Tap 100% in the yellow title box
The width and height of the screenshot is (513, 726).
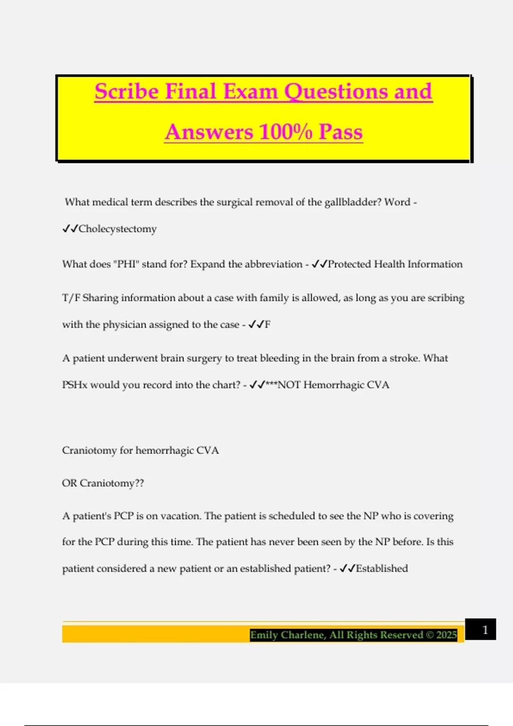tap(286, 132)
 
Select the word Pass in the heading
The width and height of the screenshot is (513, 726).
tap(341, 132)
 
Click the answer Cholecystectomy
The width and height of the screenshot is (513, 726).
tap(118, 229)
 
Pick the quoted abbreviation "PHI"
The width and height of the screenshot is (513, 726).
tap(126, 264)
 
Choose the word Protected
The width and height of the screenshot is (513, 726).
tap(349, 264)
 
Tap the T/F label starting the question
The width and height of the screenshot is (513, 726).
tap(71, 298)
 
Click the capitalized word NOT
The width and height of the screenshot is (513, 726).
tap(289, 385)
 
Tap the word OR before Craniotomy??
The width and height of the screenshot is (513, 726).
tap(69, 483)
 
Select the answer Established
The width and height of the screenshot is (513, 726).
tap(382, 569)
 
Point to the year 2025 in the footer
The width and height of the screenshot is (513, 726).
tap(447, 635)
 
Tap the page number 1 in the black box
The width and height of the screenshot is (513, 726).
tap(485, 630)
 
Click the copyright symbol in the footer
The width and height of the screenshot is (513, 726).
tap(430, 635)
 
